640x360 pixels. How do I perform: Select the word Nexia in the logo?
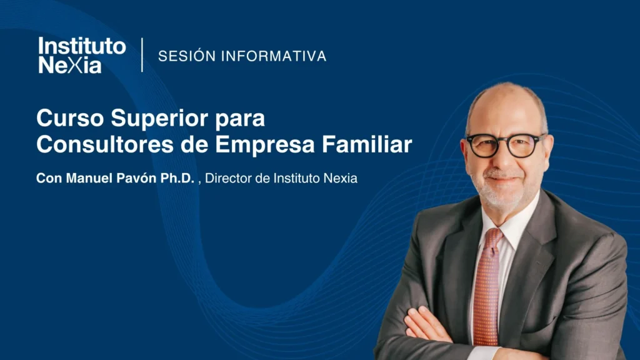click(69, 65)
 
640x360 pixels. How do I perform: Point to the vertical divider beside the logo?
click(142, 55)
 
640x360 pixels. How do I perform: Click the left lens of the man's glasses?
click(483, 146)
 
